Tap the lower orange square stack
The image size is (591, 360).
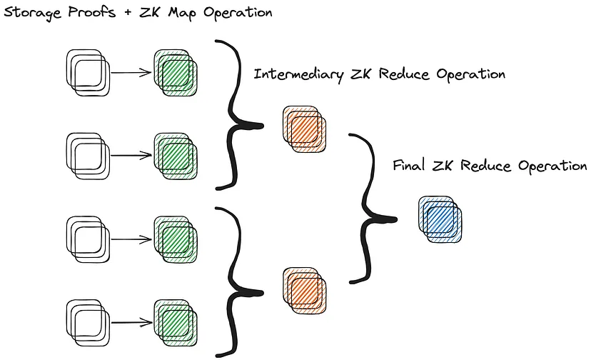click(305, 290)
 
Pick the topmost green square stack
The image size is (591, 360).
click(176, 72)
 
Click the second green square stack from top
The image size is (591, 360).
click(176, 155)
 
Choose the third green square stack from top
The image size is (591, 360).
click(176, 241)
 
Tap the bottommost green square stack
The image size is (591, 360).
click(176, 324)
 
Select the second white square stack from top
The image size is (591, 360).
click(88, 155)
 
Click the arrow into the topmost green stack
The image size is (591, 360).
click(131, 72)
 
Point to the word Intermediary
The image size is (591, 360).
click(300, 74)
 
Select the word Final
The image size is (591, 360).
click(409, 166)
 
